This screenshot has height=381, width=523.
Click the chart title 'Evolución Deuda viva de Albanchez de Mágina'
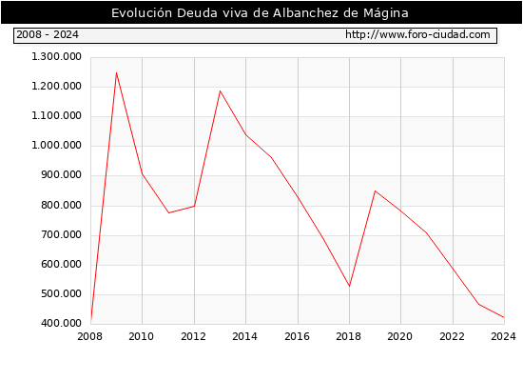pos(260,13)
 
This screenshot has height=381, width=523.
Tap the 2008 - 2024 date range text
pos(48,34)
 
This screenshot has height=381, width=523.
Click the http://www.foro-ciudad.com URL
pos(417,34)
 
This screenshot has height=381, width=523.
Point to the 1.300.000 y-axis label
pos(56,56)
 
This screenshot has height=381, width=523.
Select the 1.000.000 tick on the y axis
pos(56,145)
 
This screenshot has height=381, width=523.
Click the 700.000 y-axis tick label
pos(61,234)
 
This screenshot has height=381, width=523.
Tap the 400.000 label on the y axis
pos(61,323)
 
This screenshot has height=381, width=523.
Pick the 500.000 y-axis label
pos(61,293)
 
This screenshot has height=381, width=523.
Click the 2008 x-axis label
pos(89,336)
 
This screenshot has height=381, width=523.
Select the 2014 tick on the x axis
pos(244,336)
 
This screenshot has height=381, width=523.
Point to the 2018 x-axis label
pos(349,336)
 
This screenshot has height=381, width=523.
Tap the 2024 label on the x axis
pos(503,336)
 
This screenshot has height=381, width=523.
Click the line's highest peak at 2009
pos(116,72)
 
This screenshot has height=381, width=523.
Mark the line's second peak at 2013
pos(220,90)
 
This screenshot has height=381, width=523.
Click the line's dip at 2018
pos(349,286)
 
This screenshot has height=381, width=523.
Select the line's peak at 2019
pos(375,190)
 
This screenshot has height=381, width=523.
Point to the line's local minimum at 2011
pos(168,213)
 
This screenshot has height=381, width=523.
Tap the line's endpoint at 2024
pos(504,317)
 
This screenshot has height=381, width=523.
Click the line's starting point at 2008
pos(90,322)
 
